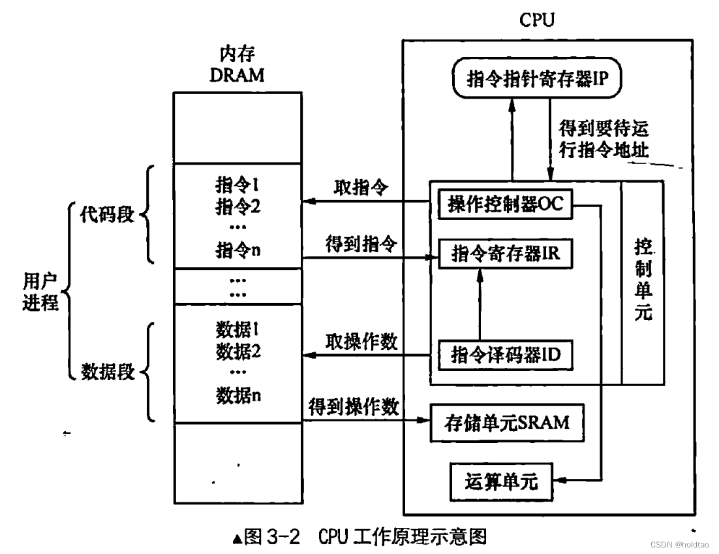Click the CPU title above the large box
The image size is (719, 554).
[537, 20]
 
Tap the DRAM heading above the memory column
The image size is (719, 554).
[237, 74]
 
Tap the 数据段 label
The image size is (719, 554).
[107, 372]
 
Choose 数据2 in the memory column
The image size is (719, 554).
[237, 352]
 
